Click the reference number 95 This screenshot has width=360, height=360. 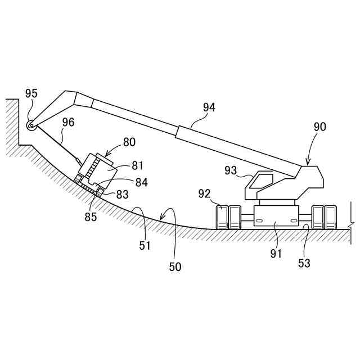(x=31, y=94)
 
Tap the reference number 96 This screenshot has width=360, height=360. (x=68, y=121)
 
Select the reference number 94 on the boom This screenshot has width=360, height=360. (x=209, y=107)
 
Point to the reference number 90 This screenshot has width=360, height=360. (x=319, y=127)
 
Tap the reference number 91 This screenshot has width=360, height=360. (x=276, y=254)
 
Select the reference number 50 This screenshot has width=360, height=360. (x=175, y=267)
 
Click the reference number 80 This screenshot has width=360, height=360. (x=129, y=142)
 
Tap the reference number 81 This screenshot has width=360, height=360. (x=138, y=165)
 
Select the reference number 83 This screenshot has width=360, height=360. (x=122, y=194)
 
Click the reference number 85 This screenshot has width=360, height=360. (x=90, y=215)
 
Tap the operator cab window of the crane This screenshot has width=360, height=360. (x=260, y=181)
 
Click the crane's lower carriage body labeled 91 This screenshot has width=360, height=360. (x=276, y=214)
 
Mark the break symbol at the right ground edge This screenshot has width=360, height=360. (x=352, y=224)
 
